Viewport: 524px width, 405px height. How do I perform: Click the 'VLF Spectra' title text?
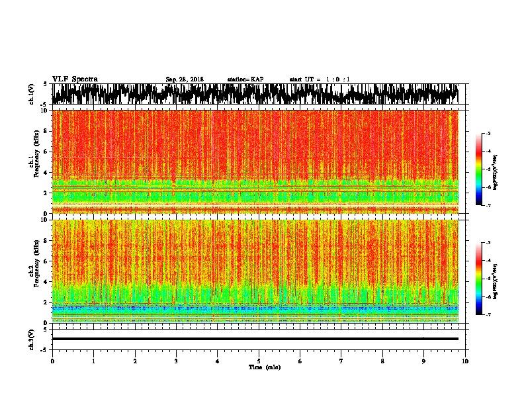(x=75, y=79)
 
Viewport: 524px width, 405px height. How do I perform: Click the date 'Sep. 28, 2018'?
(x=185, y=79)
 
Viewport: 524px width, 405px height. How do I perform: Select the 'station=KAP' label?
(x=245, y=79)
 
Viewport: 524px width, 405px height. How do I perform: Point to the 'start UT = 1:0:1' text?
(x=320, y=79)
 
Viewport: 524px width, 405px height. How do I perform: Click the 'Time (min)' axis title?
(x=265, y=367)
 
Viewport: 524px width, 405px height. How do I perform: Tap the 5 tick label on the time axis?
(x=259, y=361)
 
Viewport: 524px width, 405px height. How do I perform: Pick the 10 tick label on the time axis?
(x=466, y=361)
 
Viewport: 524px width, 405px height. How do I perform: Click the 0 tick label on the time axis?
(x=52, y=361)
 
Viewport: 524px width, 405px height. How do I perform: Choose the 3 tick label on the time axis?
(x=176, y=361)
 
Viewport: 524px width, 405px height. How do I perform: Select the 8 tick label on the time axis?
(x=383, y=361)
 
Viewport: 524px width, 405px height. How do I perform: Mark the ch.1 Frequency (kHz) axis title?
(x=36, y=162)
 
